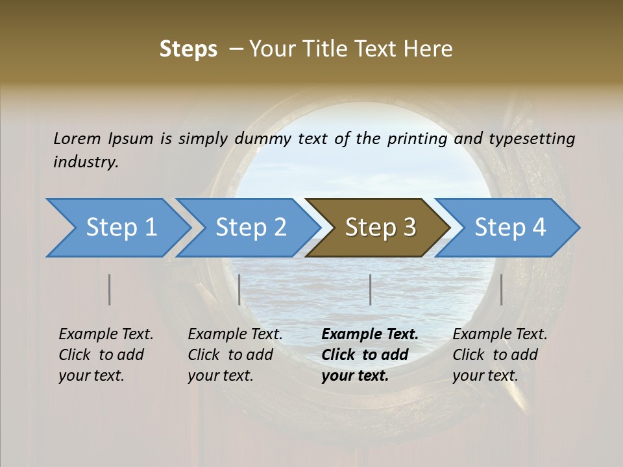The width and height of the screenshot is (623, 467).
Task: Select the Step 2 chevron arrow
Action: [250, 228]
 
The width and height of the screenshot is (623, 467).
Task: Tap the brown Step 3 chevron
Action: [380, 228]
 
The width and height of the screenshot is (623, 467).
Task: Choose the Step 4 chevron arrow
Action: [510, 228]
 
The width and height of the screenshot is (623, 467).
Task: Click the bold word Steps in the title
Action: [188, 49]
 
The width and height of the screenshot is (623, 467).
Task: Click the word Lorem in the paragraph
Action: [77, 138]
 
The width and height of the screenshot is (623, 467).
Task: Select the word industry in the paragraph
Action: [85, 162]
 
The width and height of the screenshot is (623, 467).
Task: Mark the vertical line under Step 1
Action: [110, 289]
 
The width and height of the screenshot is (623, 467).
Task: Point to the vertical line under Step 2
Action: [239, 289]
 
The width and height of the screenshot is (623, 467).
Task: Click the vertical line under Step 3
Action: [371, 289]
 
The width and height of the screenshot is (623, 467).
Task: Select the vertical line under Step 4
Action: [502, 289]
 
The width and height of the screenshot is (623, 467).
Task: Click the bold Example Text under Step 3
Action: [370, 335]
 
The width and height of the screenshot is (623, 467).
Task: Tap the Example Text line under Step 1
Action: [106, 335]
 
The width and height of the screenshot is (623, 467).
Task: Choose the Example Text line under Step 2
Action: [235, 335]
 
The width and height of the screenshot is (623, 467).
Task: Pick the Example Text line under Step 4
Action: [500, 335]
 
